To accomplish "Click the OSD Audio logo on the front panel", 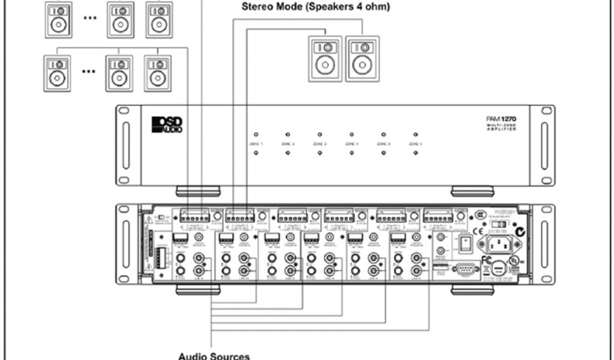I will (x=167, y=124).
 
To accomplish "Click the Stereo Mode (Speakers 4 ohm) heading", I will (x=315, y=7).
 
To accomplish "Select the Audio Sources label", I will (x=213, y=356).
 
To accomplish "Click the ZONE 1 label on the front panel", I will (x=256, y=144).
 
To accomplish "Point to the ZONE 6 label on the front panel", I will (x=416, y=144).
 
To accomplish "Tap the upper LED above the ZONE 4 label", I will (x=351, y=134).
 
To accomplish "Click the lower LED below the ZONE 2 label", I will (x=288, y=154).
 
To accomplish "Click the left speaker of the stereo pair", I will (x=325, y=59).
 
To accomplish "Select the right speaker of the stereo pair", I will (x=362, y=59).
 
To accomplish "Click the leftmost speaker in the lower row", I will (x=57, y=73).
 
